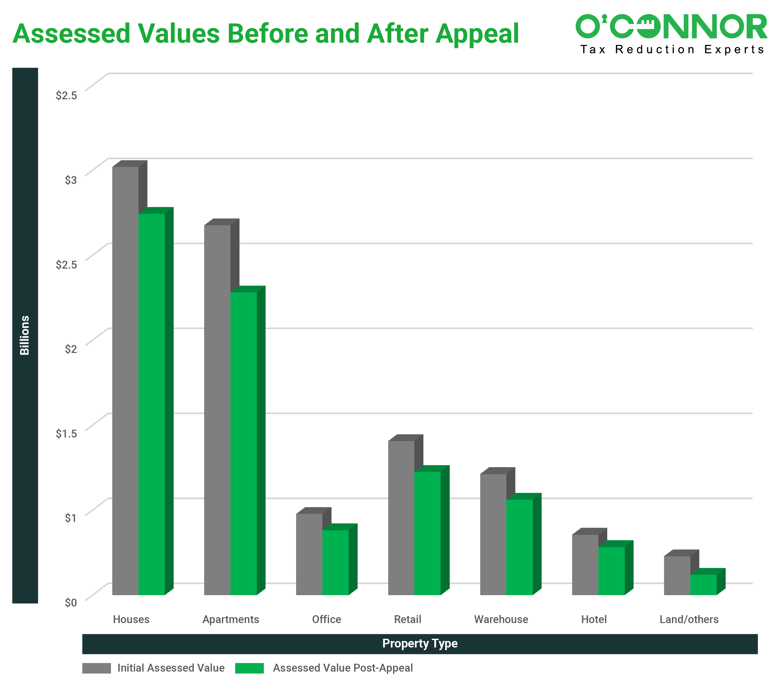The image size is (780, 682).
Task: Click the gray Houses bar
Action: tap(126, 381)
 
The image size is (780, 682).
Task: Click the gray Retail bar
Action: tap(401, 518)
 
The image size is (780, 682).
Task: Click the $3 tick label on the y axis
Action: tap(70, 180)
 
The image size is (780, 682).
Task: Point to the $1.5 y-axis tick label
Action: tap(66, 434)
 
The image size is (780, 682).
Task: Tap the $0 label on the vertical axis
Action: tap(70, 603)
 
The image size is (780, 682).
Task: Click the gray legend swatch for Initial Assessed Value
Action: tap(96, 668)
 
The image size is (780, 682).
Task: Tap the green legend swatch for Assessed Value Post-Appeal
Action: tap(249, 668)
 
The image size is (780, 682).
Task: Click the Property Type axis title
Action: tap(420, 644)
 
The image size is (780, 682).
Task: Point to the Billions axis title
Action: tap(25, 335)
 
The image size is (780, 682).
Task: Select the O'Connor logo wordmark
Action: tap(671, 27)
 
